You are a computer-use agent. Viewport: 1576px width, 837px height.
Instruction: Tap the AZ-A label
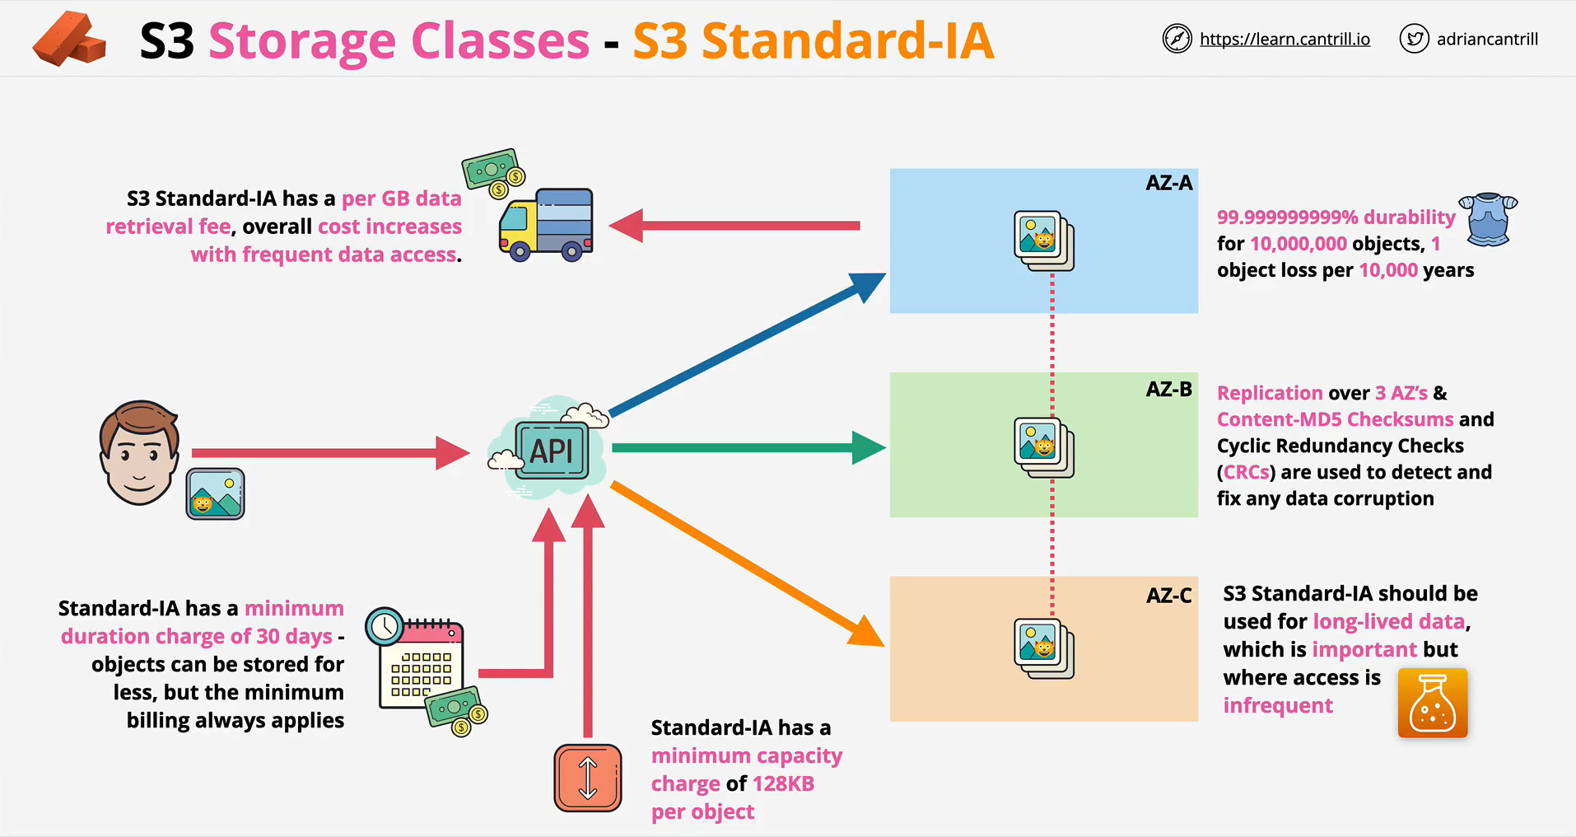1168,183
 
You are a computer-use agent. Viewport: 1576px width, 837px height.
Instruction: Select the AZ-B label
1168,389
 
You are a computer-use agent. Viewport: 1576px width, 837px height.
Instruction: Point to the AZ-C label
1168,595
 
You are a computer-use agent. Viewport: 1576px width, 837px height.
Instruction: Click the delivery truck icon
546,225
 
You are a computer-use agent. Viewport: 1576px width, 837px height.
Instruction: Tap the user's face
138,452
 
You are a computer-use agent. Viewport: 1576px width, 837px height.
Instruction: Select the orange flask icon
1433,703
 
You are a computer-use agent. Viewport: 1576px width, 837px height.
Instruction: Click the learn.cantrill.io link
1285,39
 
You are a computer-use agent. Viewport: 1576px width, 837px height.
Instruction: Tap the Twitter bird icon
1414,39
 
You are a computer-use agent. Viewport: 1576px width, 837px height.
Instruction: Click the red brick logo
69,39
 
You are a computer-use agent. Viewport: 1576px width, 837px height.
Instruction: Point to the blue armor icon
1488,219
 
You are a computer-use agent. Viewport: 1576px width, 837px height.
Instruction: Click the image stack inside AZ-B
1044,448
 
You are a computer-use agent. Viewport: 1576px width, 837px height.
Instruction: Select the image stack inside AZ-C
1044,649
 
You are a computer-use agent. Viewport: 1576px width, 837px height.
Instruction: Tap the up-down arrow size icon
588,779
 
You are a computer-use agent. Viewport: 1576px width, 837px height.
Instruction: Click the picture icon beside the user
215,493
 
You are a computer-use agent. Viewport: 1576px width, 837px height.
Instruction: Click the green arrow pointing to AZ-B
748,447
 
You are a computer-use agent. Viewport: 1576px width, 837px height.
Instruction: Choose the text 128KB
783,783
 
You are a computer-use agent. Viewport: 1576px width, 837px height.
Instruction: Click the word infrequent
1277,705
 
